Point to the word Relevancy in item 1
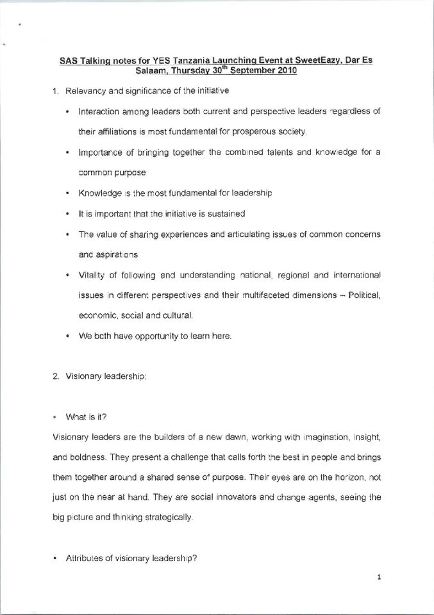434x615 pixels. click(87, 90)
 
